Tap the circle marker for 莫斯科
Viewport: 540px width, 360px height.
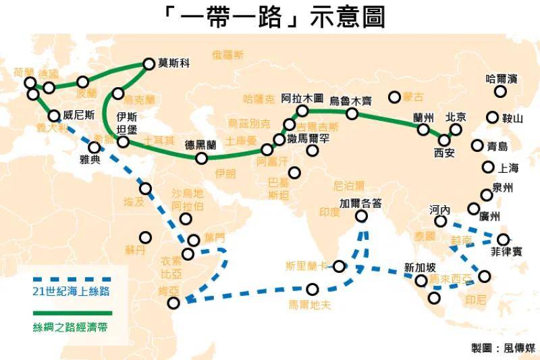(149, 64)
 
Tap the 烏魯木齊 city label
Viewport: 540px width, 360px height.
(351, 101)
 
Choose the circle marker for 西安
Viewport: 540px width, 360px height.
(443, 140)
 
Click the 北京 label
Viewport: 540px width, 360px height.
(457, 116)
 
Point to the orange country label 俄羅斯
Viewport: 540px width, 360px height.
(228, 54)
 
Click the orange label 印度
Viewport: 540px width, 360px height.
(330, 212)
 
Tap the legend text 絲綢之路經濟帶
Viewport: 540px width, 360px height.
(71, 328)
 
